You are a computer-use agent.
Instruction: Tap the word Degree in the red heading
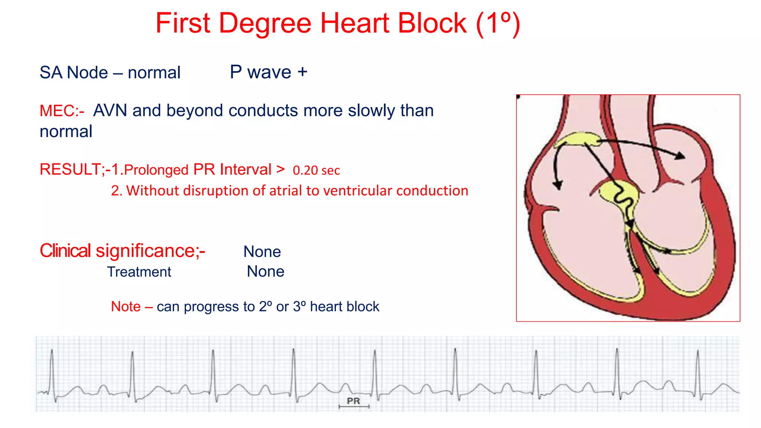click(265, 23)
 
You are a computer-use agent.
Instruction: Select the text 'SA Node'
click(74, 72)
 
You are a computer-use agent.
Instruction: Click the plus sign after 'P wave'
click(302, 71)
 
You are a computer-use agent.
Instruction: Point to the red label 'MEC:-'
click(62, 111)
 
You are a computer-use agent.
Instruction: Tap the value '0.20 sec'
click(316, 171)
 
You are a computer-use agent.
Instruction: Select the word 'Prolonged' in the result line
click(156, 170)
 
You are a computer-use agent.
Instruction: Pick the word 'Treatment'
click(139, 272)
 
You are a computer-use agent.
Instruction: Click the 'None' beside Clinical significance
click(262, 252)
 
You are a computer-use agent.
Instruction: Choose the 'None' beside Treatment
click(266, 272)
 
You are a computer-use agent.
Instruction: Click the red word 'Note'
click(126, 307)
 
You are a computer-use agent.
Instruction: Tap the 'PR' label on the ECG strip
click(353, 401)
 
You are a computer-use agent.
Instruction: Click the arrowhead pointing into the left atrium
click(680, 156)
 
